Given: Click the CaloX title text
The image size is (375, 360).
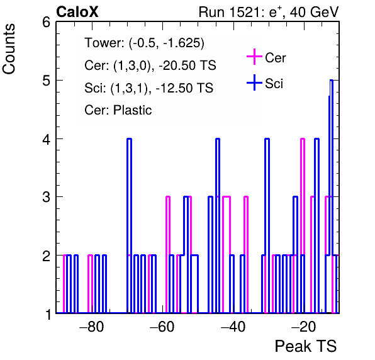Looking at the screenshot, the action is (77, 12).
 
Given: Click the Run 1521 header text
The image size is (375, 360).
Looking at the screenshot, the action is (269, 12).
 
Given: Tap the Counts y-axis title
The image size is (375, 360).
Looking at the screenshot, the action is (9, 49).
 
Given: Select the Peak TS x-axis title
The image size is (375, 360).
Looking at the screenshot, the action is (306, 346).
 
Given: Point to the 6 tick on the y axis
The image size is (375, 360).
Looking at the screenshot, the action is (47, 23).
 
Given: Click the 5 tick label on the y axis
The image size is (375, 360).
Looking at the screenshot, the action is (47, 81).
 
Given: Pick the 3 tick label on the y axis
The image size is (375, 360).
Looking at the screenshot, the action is (47, 197).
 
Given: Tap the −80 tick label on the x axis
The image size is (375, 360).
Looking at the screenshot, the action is (92, 327).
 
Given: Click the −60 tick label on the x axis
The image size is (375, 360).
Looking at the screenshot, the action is (162, 327).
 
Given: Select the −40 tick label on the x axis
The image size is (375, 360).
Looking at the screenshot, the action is (233, 327).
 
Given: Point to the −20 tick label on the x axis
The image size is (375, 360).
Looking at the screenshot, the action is (303, 327).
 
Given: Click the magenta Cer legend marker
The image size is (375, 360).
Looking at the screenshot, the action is (254, 57).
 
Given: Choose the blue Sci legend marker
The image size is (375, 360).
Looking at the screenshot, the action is (254, 82).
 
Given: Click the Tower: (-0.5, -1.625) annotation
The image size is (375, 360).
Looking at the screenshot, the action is (145, 43).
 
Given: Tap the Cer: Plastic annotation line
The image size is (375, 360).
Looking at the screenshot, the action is (118, 110).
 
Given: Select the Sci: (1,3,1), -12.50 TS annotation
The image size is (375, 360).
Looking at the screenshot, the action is (148, 88).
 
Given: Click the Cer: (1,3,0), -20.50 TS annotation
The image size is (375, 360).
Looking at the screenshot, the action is (150, 65).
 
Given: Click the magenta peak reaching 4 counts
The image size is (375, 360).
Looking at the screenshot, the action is (303, 138).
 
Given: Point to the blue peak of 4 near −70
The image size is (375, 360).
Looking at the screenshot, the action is (130, 138).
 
